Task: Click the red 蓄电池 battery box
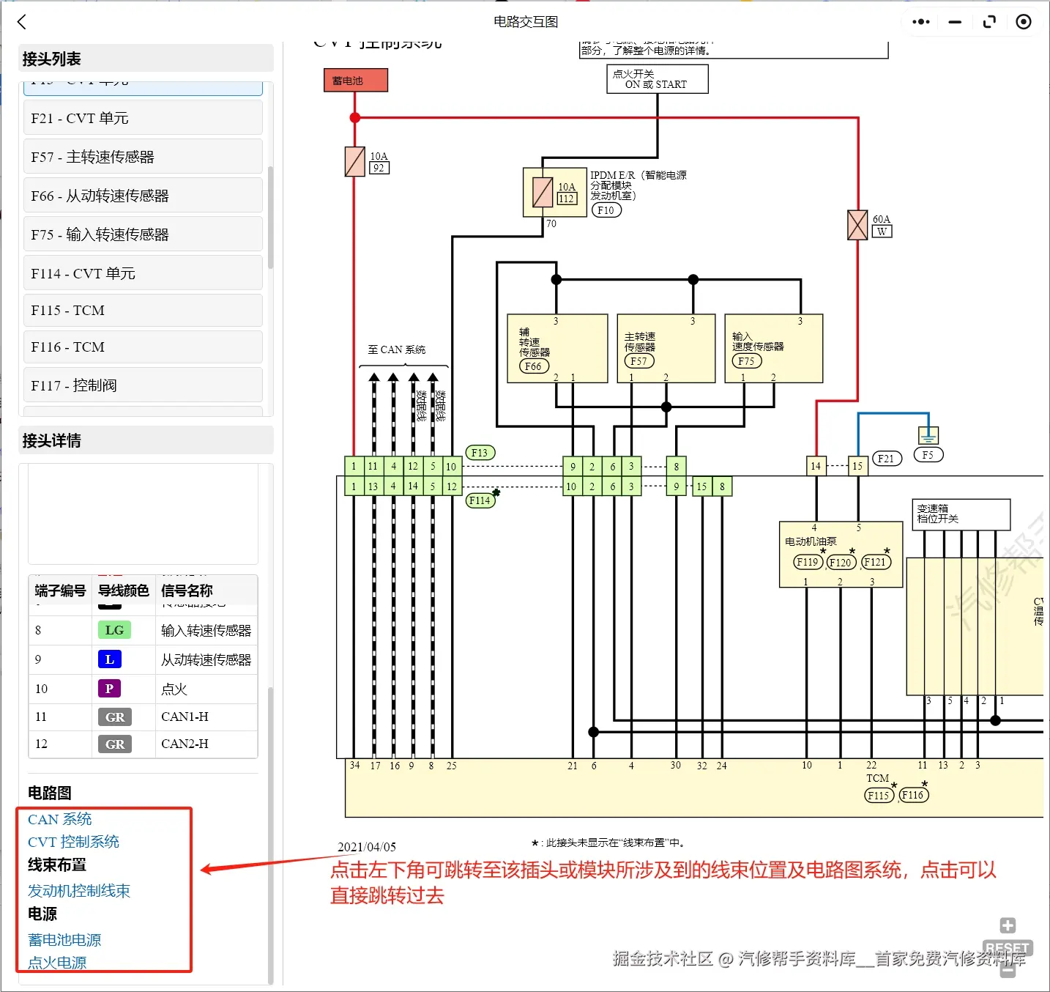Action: tap(355, 81)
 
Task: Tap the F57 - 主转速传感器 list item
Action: tap(143, 157)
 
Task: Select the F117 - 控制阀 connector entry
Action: tap(143, 385)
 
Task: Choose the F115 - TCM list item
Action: tap(143, 311)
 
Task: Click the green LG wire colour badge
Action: tap(114, 630)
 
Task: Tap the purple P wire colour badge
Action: tap(109, 689)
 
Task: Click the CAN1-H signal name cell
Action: tap(185, 717)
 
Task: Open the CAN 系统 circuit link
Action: tap(60, 819)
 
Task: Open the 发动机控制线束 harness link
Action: tap(79, 891)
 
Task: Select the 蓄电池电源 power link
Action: tap(64, 940)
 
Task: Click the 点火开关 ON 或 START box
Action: tap(657, 79)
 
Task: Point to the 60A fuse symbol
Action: tap(857, 225)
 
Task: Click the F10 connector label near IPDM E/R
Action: tap(606, 210)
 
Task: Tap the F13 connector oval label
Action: tap(480, 453)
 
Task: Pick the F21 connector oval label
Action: tap(886, 459)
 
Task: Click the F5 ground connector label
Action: tap(928, 455)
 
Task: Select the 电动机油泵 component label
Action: tap(811, 541)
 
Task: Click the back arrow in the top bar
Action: tap(22, 22)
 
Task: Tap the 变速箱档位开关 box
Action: tap(961, 514)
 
